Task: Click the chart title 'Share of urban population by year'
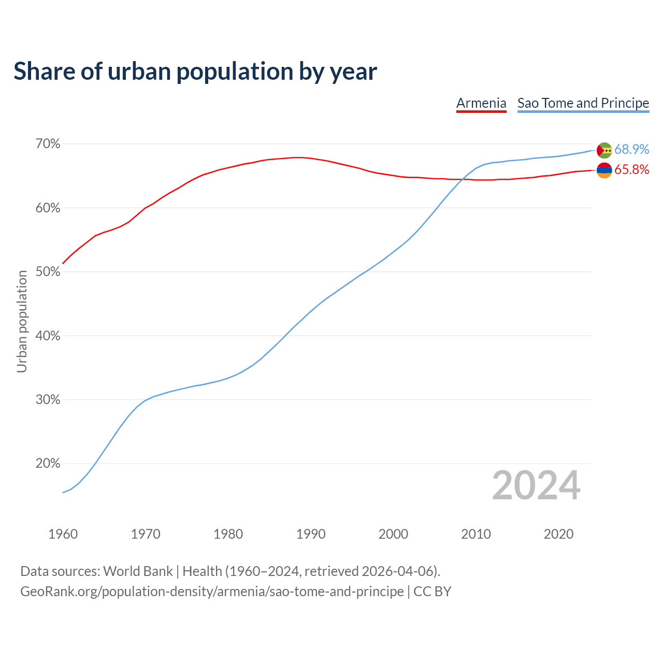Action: click(195, 71)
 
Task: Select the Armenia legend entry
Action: click(481, 103)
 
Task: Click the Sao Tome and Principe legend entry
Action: click(583, 103)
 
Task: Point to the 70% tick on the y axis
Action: click(48, 144)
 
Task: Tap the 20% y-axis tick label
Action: click(48, 464)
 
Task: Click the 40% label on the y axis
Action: click(48, 336)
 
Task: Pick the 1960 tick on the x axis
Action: click(63, 534)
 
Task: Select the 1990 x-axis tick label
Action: click(311, 534)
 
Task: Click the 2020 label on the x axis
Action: click(558, 534)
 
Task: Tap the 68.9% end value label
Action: click(631, 150)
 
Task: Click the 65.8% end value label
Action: click(631, 170)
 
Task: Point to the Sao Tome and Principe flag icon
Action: click(604, 150)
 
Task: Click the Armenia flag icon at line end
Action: click(604, 170)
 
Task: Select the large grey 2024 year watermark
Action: click(536, 486)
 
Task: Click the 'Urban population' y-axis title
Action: click(22, 321)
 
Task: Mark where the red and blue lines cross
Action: click(462, 179)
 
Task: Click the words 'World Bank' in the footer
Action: click(138, 571)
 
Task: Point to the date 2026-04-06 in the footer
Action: click(397, 571)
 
